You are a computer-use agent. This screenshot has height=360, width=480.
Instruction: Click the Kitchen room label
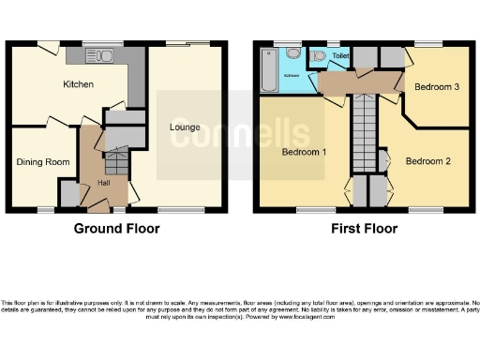pos(78,85)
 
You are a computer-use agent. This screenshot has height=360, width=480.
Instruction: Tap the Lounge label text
pos(184,127)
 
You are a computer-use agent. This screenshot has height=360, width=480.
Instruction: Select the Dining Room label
pos(43,162)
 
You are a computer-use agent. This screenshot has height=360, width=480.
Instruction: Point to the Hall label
pos(104,182)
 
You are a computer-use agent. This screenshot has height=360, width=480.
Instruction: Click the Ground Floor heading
pos(117,228)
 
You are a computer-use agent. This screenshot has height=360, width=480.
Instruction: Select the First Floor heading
pos(361,228)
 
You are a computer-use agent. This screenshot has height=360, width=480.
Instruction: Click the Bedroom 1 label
pos(304,152)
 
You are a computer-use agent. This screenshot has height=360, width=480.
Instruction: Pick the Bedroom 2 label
pos(427,161)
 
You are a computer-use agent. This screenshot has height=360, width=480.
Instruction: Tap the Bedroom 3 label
pos(437,87)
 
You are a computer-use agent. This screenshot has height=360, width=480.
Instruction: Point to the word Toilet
pos(340,55)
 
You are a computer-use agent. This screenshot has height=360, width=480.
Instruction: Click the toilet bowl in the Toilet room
pos(321,56)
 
